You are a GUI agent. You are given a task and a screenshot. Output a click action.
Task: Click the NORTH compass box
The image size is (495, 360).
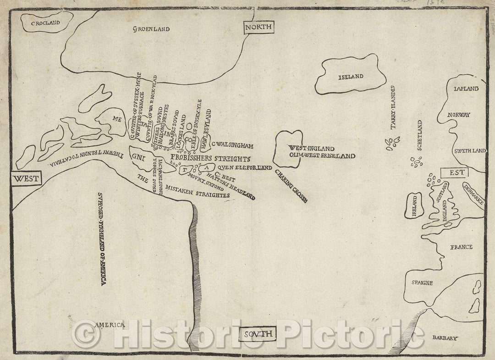point(259,28)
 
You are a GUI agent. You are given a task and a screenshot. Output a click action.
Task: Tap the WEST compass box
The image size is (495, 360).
point(25,178)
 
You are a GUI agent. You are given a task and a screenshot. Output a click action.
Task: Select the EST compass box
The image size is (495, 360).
point(453,173)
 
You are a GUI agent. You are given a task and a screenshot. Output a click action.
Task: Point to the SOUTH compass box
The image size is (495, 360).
point(258,334)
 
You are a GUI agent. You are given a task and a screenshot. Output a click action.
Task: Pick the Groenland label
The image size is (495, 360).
point(151,29)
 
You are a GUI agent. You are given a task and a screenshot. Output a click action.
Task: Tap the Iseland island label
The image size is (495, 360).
point(351,77)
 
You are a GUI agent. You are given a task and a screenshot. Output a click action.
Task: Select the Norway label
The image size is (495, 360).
point(459,115)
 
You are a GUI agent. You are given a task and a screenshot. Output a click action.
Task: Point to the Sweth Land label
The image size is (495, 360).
point(470,150)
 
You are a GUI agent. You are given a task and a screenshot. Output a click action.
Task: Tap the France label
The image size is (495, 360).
point(461,247)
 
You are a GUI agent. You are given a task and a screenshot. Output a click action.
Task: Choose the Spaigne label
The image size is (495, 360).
point(422,283)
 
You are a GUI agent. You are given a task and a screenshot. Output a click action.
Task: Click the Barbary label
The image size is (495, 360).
point(445,338)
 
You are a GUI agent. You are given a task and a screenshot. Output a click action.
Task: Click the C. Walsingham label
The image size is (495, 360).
point(233,146)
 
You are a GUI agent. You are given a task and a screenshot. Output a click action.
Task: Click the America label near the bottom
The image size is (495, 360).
point(110,325)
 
